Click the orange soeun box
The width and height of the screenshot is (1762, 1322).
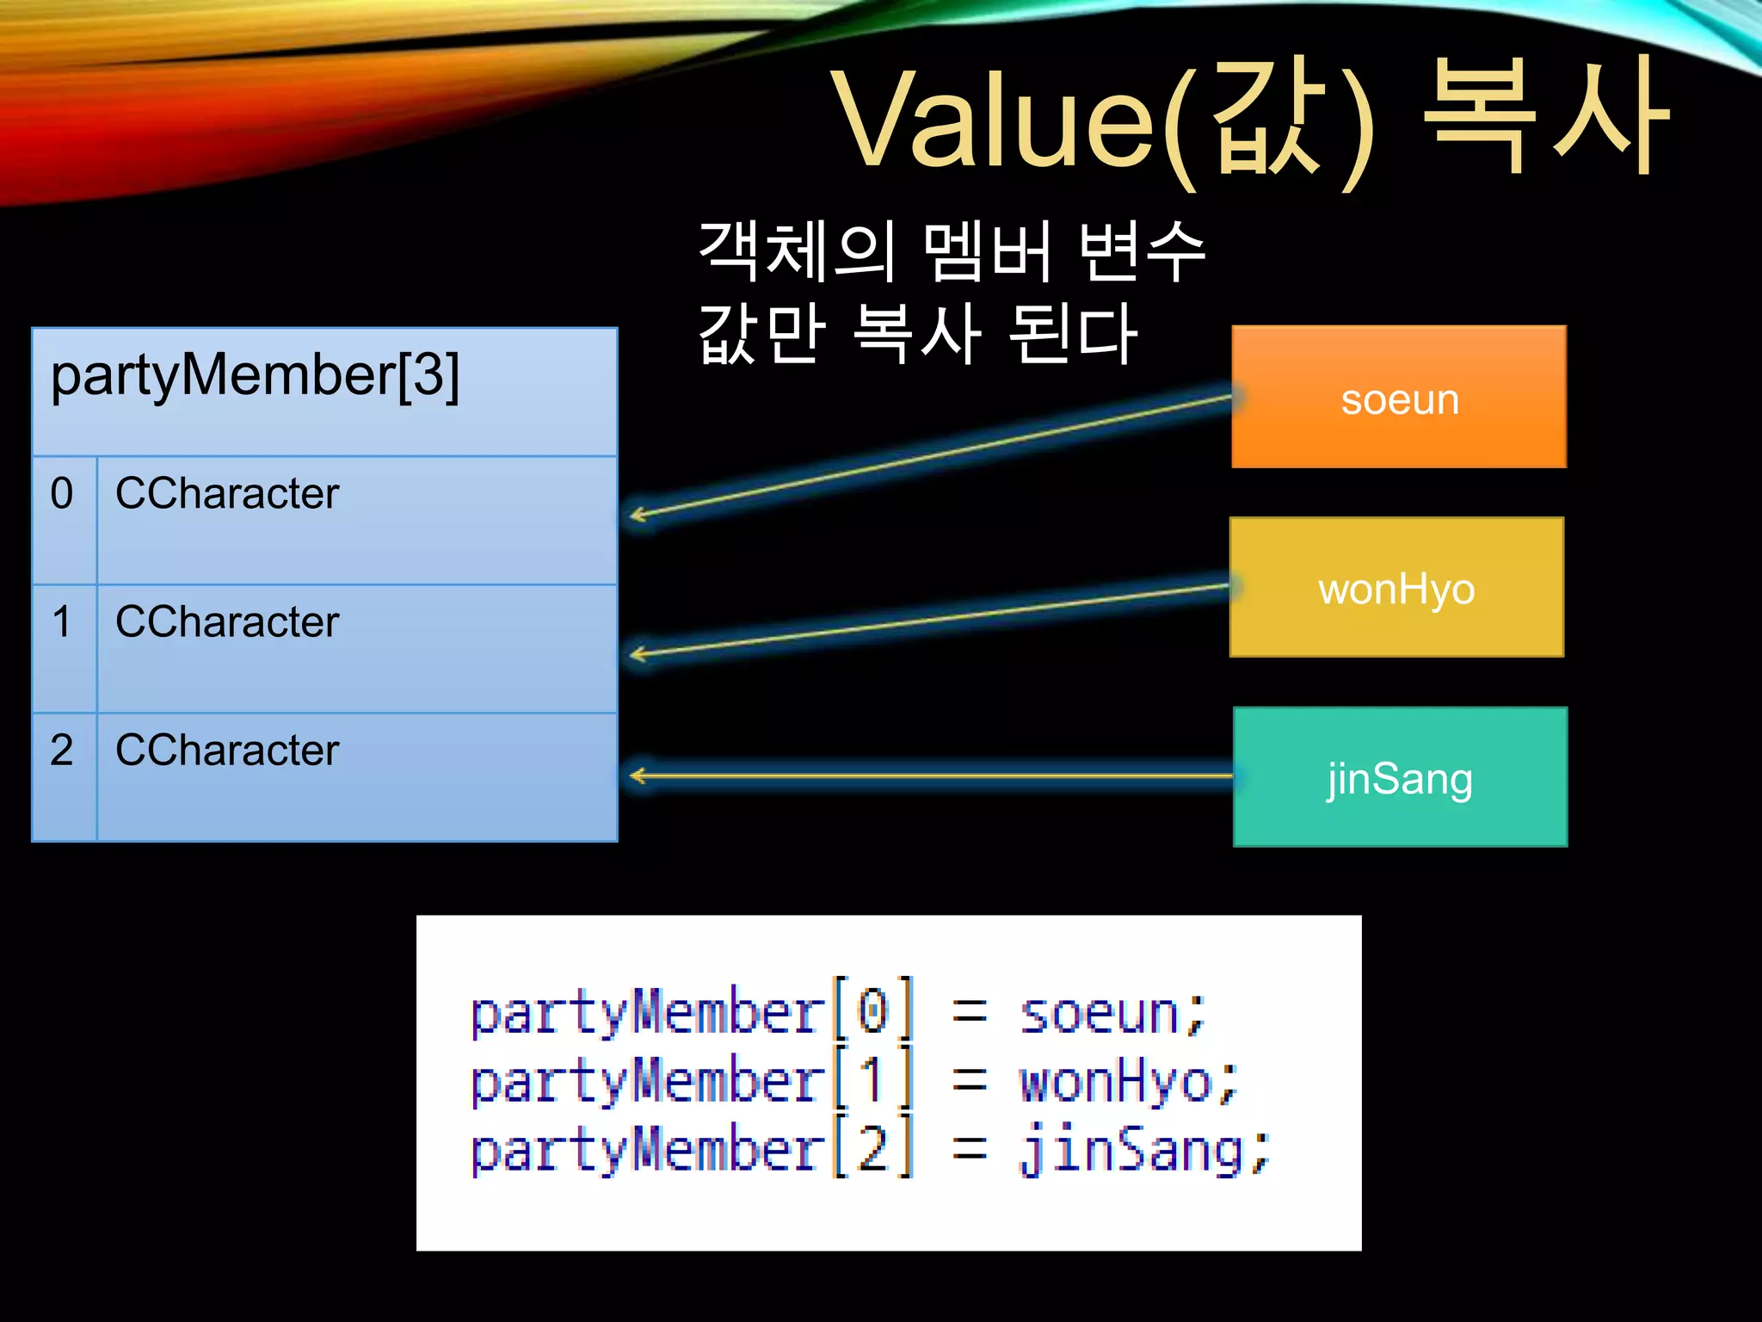point(1399,397)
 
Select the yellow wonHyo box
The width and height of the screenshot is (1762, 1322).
point(1396,588)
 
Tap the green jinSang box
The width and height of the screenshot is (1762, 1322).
point(1400,777)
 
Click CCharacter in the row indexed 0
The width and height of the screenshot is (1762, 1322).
point(227,494)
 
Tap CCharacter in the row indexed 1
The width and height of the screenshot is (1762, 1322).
point(227,621)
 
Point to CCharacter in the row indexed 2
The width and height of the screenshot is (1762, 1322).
point(227,750)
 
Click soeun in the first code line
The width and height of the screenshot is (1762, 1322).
point(1099,1014)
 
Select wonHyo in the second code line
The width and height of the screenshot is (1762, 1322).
point(1116,1083)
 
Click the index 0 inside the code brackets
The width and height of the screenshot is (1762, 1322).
point(872,1011)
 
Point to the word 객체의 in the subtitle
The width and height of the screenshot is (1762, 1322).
point(797,250)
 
